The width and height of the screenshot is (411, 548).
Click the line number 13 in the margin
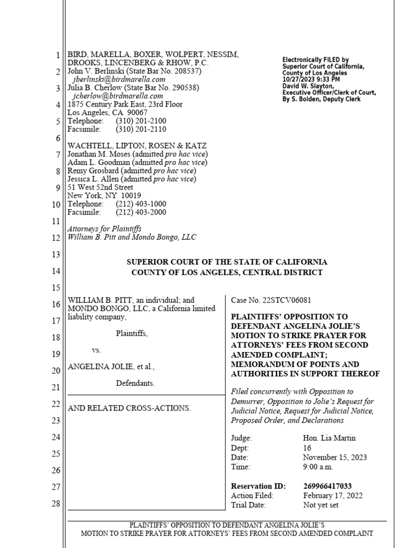point(57,255)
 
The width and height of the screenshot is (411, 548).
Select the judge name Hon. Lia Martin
point(329,438)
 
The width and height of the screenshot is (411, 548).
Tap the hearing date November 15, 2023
point(334,457)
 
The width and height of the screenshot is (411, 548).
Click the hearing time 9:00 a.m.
point(317,467)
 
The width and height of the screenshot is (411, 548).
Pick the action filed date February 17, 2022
point(332,496)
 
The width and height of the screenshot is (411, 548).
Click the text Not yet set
point(321,505)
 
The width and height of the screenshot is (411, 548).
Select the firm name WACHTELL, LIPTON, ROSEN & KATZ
point(136,146)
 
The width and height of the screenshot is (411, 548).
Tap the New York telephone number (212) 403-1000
point(141,204)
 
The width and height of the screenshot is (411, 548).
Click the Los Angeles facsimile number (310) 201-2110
point(141,129)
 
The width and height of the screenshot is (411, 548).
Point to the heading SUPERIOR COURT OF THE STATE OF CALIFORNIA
point(226,262)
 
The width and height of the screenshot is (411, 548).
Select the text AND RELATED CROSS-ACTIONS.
point(129,408)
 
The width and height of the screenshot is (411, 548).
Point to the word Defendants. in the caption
point(135,383)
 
